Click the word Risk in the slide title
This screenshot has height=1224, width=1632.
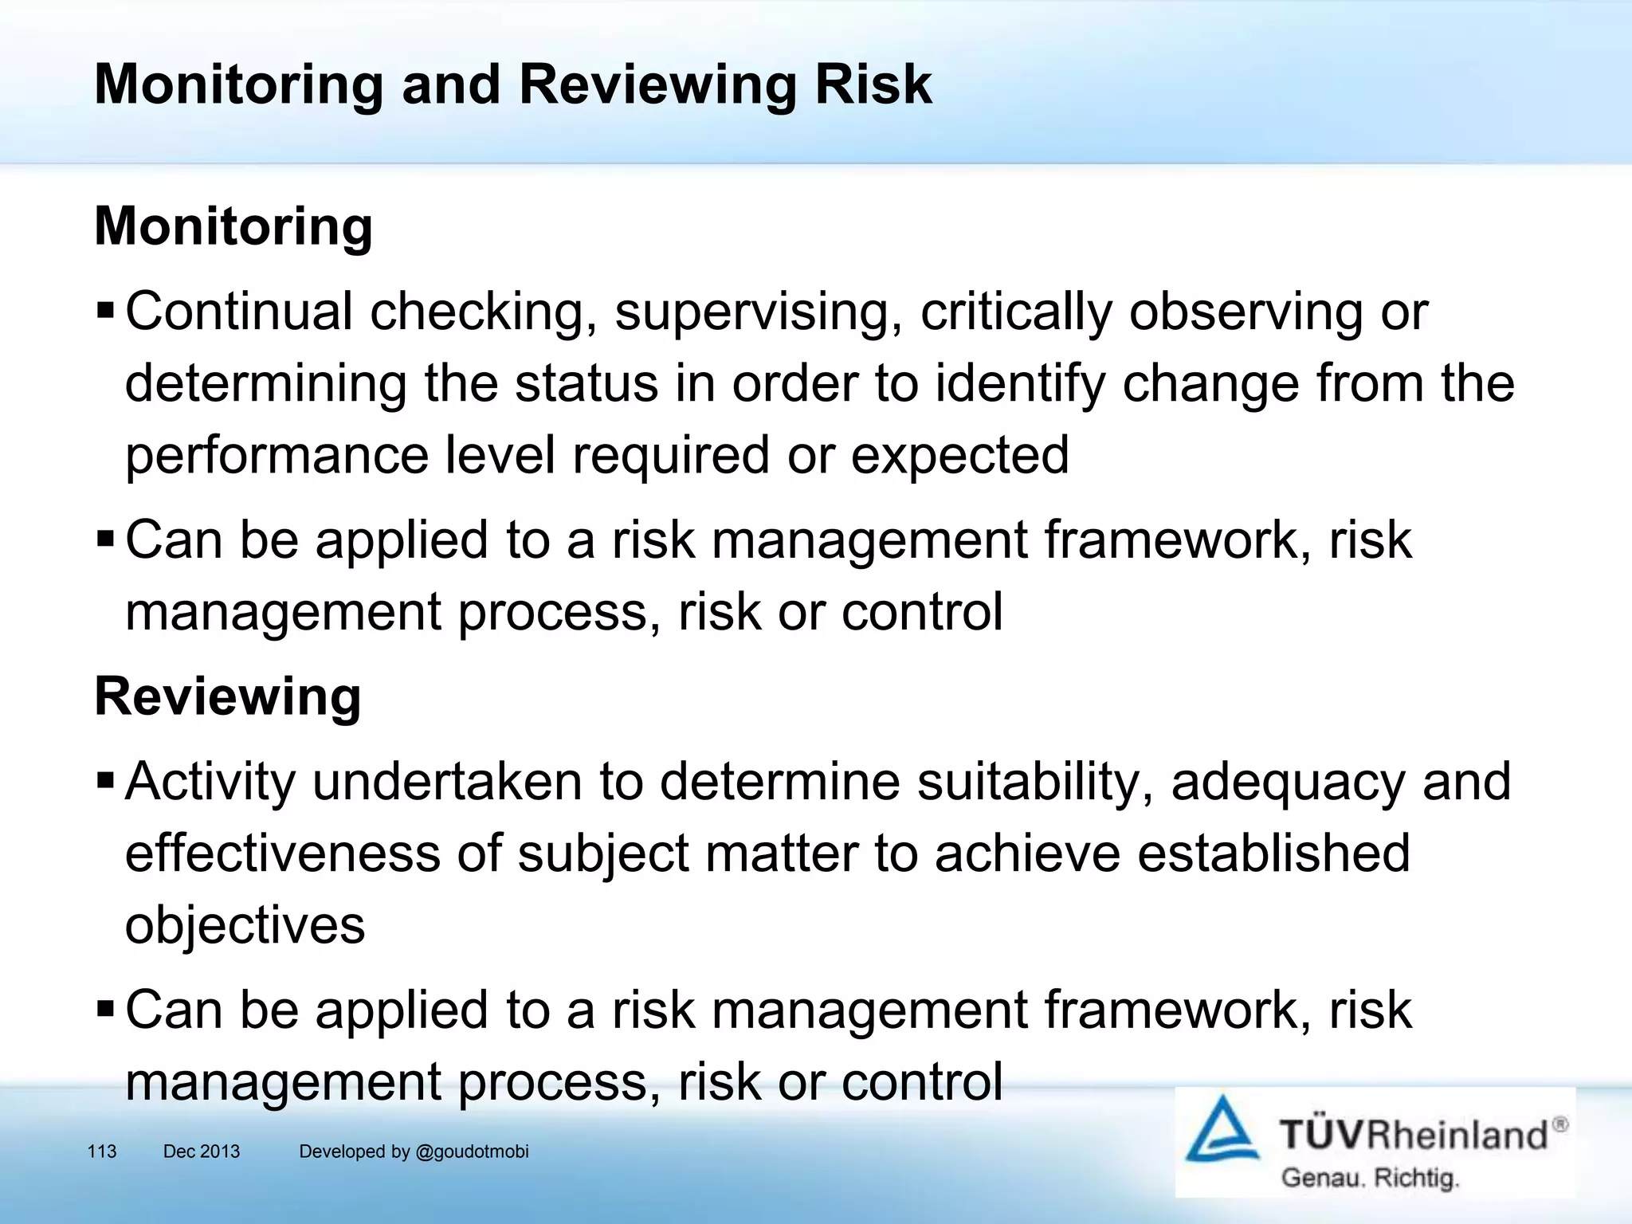(x=873, y=84)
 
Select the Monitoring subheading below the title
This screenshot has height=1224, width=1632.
(x=233, y=226)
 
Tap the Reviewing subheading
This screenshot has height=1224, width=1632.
(x=228, y=696)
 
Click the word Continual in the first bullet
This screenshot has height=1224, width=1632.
(x=239, y=311)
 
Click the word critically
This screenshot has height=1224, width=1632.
(x=1016, y=312)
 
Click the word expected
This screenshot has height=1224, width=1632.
(x=959, y=456)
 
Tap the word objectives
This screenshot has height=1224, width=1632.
(x=245, y=926)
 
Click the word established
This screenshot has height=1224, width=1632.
(x=1273, y=853)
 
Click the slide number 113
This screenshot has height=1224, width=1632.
(x=102, y=1151)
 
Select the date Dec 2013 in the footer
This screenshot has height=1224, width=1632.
(x=202, y=1151)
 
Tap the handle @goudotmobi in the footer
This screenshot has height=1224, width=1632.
(x=472, y=1151)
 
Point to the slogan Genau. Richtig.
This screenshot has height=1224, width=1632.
(x=1370, y=1177)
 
